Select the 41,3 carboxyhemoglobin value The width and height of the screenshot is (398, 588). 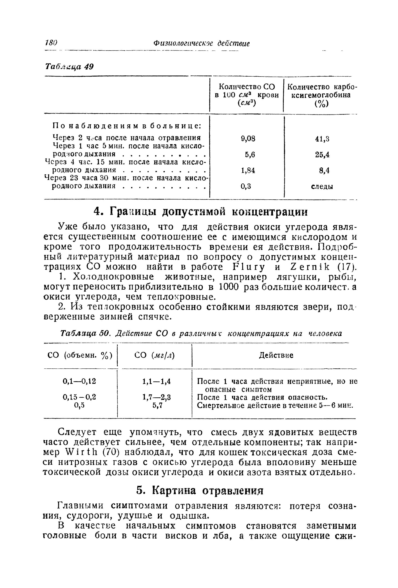[x=322, y=139]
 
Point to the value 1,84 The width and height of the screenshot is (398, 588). [x=248, y=171]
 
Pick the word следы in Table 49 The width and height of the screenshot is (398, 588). [x=322, y=187]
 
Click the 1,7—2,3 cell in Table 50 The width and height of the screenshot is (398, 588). [x=157, y=397]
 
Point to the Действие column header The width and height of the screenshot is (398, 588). [x=276, y=355]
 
